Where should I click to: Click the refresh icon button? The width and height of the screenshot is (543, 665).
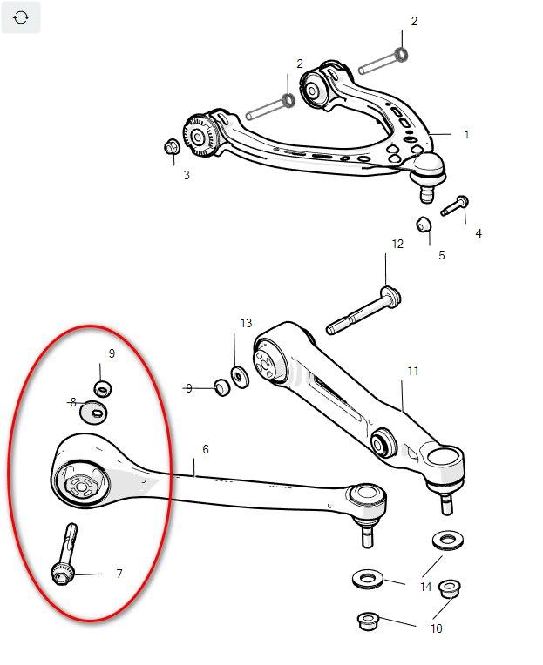tap(21, 17)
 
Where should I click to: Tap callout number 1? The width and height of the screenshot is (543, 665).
tap(466, 134)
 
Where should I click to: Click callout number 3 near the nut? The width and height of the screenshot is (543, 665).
tap(187, 175)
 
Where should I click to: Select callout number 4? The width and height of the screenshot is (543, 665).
tap(479, 233)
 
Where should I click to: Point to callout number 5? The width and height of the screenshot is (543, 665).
tap(442, 255)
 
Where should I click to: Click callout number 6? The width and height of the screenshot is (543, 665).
tap(206, 449)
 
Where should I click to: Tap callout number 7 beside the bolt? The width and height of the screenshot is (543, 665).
tap(119, 574)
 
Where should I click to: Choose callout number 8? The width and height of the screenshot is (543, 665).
tap(73, 402)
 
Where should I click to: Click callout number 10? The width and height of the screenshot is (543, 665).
tap(437, 628)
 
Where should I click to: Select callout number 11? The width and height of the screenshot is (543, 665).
tap(413, 371)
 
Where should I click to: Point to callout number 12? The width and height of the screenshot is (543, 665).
tap(397, 244)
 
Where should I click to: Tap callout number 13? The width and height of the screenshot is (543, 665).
tap(246, 323)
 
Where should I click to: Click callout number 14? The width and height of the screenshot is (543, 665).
tap(426, 587)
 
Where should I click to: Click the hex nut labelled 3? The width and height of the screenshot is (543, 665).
tap(172, 148)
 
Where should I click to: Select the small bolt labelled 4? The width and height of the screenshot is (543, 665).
tap(455, 205)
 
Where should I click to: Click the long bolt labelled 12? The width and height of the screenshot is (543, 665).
tap(363, 311)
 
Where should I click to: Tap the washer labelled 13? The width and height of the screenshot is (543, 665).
tap(240, 376)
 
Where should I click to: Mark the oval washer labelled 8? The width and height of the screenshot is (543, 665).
tap(93, 412)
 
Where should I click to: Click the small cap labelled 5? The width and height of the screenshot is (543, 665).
tap(423, 225)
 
